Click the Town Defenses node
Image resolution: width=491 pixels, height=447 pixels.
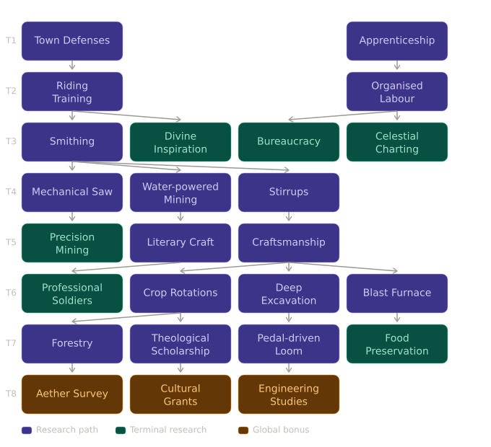coord(72,41)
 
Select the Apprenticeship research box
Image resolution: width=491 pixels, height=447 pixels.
coord(397,41)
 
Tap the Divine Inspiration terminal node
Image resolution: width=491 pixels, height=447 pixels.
coord(181,142)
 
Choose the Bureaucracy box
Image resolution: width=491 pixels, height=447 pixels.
coord(289,142)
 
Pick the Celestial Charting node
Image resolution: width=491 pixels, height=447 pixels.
coord(397,142)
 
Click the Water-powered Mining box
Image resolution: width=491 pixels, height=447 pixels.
coord(181,192)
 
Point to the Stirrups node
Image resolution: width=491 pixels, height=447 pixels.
coord(289,192)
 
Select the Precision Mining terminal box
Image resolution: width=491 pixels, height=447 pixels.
coord(72,243)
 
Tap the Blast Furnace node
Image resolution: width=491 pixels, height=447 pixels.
coord(397,293)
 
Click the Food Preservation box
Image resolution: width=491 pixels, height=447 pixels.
coord(397,344)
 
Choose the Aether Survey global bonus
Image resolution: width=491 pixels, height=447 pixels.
coord(72,394)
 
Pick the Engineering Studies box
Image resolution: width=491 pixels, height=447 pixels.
coord(289,394)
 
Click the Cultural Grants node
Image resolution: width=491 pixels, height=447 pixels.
coord(181,394)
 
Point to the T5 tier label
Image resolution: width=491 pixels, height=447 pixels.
coord(11,243)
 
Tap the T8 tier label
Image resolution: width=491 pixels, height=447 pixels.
coord(11,394)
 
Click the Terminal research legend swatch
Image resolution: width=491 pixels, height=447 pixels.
coord(121,430)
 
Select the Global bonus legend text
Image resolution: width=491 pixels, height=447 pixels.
coord(281,430)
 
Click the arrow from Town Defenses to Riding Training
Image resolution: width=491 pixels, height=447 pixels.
coord(72,66)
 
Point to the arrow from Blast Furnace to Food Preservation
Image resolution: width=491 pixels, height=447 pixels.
coord(397,319)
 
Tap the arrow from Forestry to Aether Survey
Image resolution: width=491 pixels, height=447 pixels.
coord(72,369)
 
